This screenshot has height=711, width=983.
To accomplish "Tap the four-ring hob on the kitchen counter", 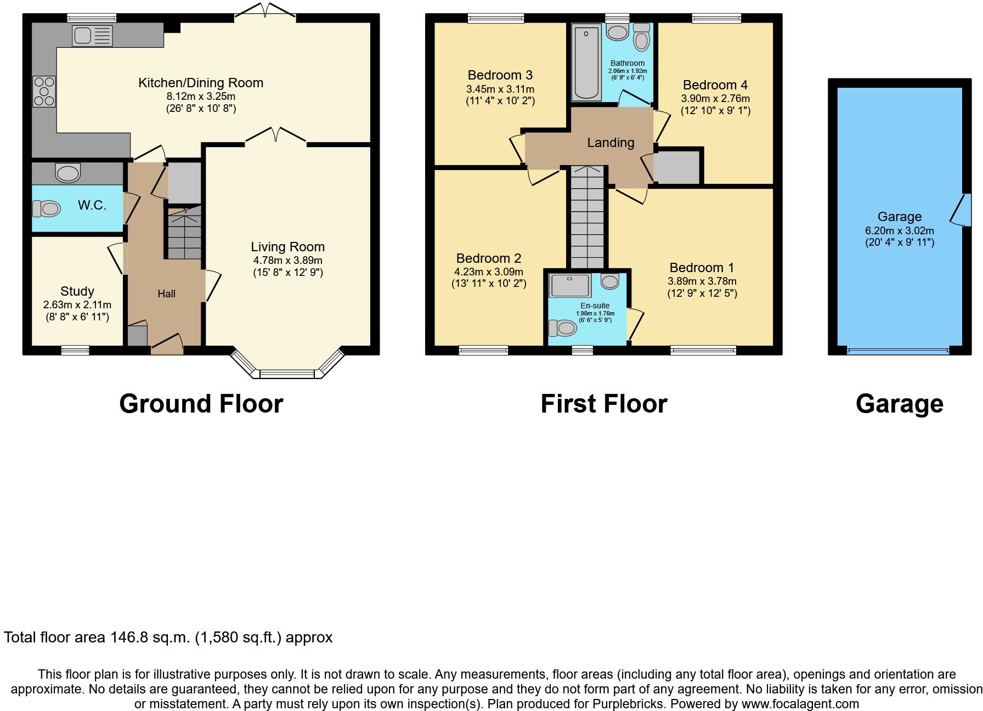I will (44, 91).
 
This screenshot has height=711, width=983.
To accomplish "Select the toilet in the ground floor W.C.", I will (46, 208).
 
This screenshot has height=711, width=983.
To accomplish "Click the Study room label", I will (77, 291).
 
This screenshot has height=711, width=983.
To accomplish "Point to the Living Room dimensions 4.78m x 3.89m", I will (287, 261).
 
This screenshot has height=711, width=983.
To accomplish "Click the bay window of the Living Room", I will (287, 374).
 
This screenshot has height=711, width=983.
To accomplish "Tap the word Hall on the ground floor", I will (166, 294).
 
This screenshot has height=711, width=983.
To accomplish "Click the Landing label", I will (611, 143).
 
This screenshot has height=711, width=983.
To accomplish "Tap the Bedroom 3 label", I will (500, 75).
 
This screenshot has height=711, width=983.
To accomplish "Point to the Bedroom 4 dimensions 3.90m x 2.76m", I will (715, 99).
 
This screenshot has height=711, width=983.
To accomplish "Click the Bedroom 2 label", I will (488, 258).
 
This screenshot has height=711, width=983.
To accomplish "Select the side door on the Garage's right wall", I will (964, 210).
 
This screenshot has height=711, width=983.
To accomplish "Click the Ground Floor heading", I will (201, 404).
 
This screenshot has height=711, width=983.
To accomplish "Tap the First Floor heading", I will (603, 404).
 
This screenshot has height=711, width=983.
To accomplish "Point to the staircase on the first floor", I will (587, 219).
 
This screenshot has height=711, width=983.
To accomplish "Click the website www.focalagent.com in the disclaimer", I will (800, 704).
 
